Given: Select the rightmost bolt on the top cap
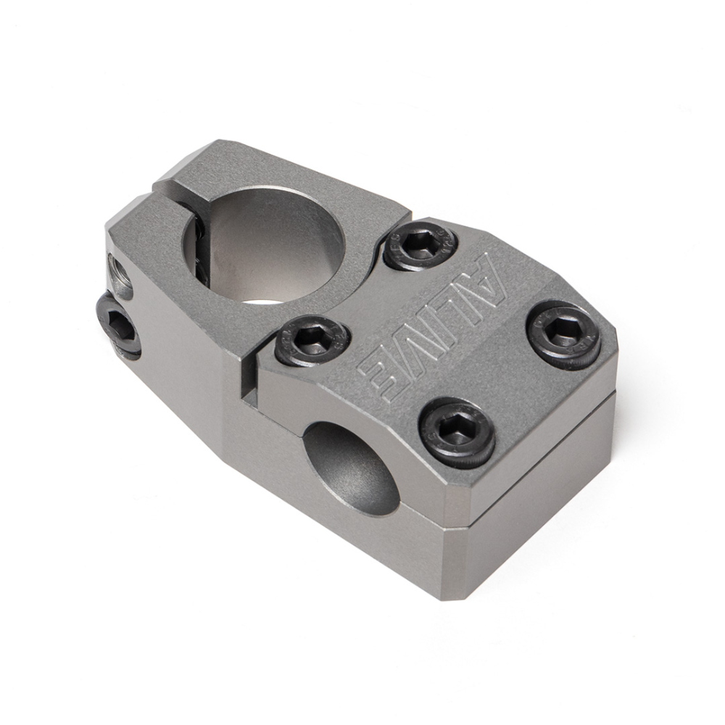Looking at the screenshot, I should pyautogui.click(x=563, y=333).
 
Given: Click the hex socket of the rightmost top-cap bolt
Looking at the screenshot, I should pyautogui.click(x=563, y=331).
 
